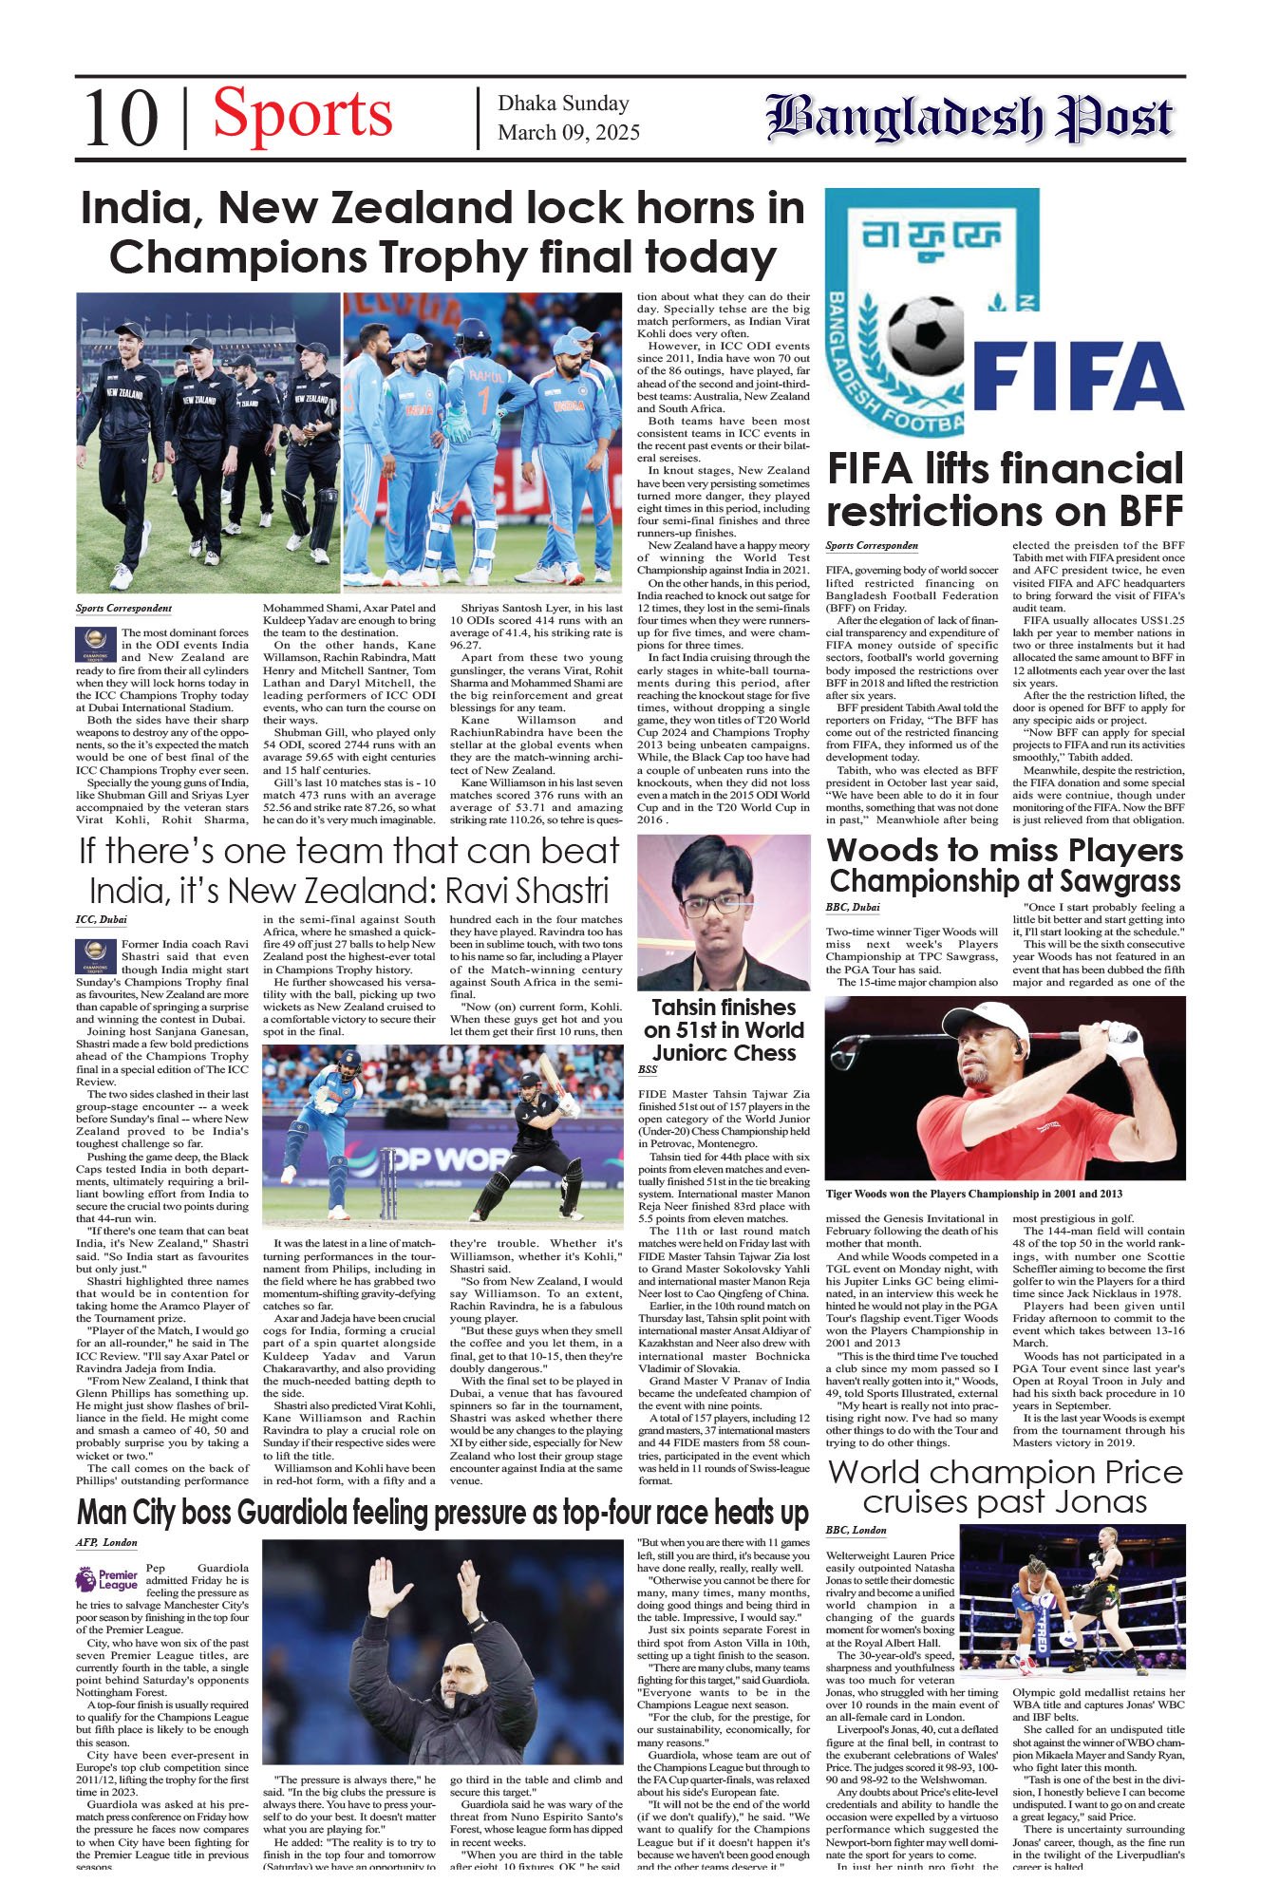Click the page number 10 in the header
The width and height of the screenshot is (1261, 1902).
121,119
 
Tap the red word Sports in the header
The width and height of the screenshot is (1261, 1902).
302,115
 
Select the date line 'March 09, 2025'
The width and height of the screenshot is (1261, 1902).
568,133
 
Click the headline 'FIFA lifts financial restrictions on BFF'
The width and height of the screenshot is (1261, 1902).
1005,490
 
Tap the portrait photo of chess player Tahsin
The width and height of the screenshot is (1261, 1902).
724,913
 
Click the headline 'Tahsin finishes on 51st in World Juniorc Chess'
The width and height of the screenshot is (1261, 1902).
724,1029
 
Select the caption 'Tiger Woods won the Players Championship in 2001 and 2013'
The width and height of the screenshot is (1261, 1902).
973,1194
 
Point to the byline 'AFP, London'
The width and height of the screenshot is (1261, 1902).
106,1542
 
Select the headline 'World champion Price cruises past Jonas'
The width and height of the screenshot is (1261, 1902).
1005,1487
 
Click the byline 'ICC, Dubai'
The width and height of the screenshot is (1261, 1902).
101,919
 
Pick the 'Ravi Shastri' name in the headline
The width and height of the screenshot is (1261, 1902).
527,891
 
